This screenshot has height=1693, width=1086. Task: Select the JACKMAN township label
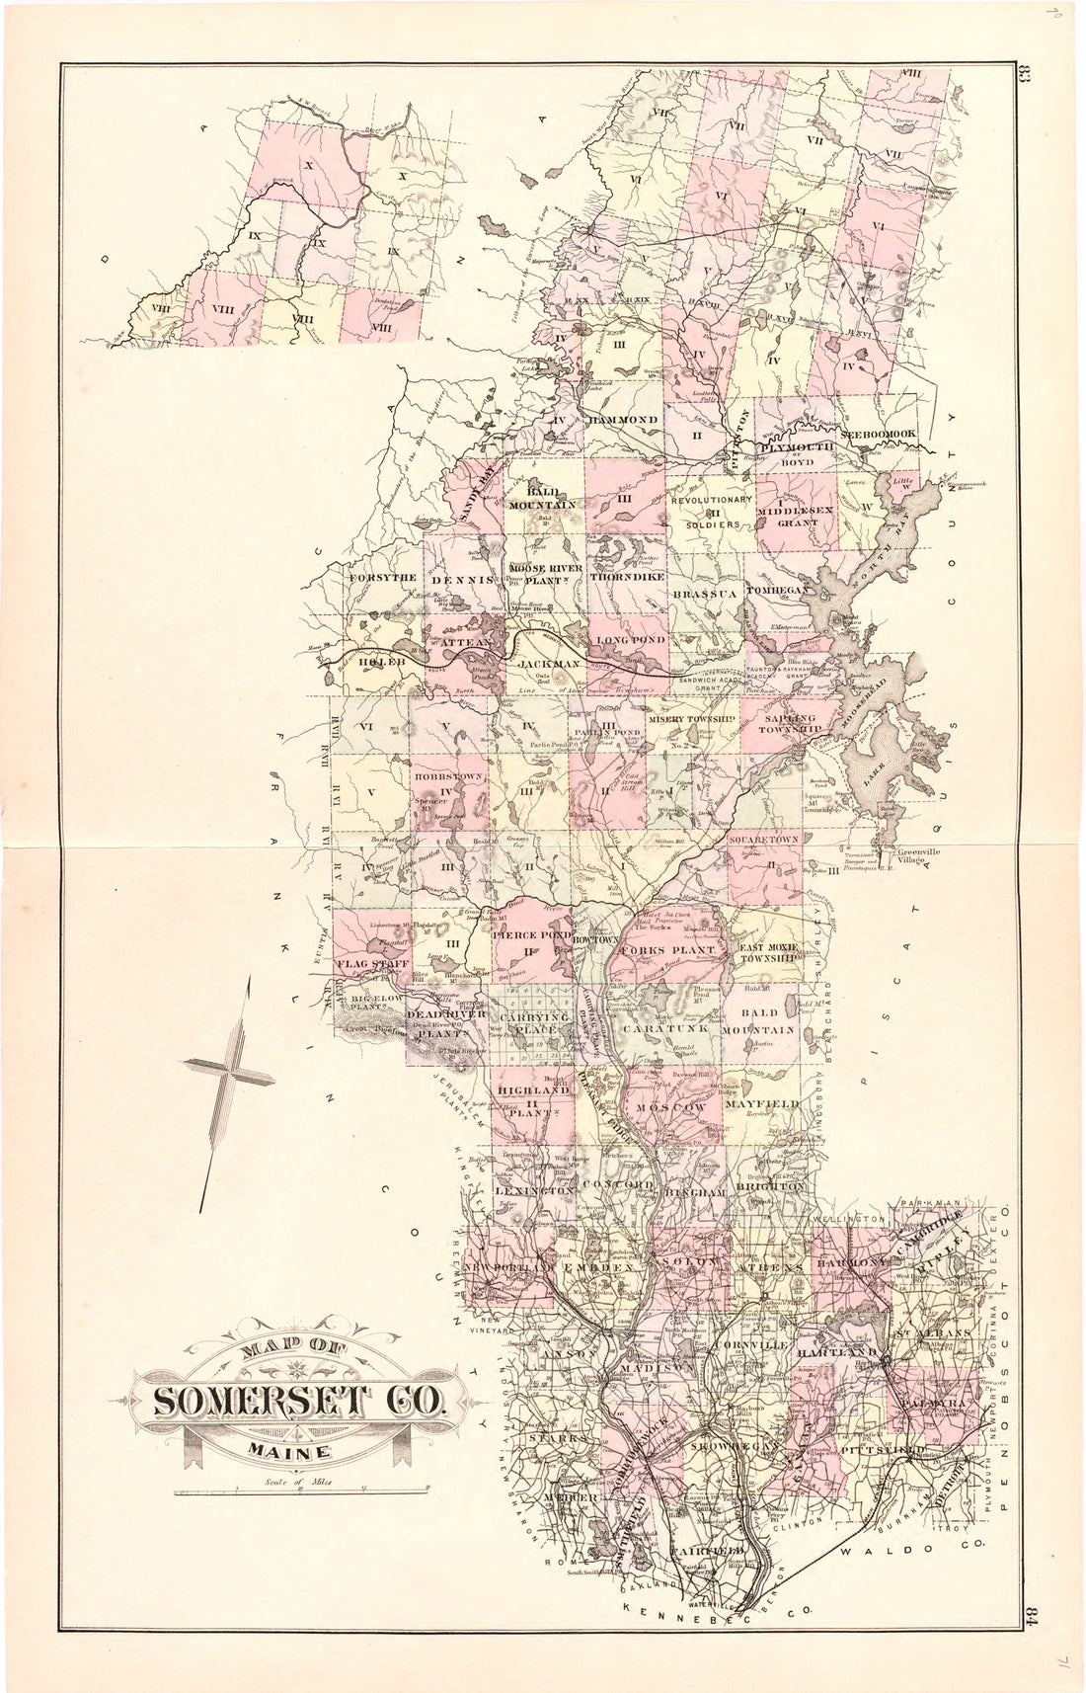(550, 666)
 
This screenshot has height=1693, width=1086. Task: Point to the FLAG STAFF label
(370, 962)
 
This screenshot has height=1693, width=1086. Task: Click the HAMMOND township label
(623, 420)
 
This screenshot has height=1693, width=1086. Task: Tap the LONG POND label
(630, 640)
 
